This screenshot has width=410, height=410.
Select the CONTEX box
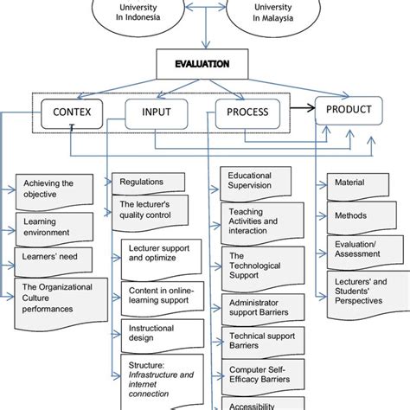click(71, 112)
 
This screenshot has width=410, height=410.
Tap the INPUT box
click(156, 112)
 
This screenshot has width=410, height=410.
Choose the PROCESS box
click(247, 112)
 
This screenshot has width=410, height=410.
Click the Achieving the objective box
click(54, 189)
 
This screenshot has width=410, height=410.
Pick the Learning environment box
click(54, 228)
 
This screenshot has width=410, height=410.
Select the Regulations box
click(147, 183)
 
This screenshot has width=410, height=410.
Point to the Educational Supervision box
click(257, 181)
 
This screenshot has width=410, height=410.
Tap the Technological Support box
click(257, 266)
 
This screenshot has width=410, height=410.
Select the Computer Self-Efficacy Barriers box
click(257, 376)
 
